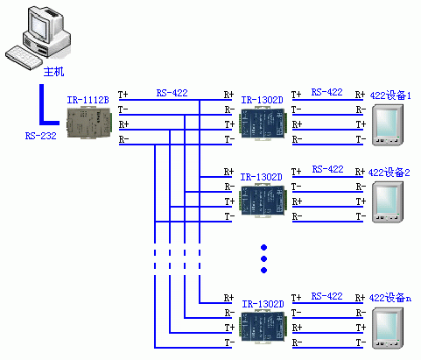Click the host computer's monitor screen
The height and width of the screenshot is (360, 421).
(x=39, y=25)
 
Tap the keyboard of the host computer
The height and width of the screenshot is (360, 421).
(x=24, y=58)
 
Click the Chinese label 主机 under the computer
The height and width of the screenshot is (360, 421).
(x=53, y=72)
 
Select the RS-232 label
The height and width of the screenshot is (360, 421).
(x=40, y=136)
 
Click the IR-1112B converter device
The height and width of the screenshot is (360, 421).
(x=89, y=123)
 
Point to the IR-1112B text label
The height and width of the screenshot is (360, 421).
(x=88, y=100)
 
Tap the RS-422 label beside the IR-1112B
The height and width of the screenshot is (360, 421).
(x=172, y=93)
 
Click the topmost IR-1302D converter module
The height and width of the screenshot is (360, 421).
(x=263, y=124)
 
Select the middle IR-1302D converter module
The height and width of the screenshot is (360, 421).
(x=263, y=201)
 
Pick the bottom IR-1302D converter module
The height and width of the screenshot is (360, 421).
(x=263, y=327)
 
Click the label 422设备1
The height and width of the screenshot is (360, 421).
(x=390, y=95)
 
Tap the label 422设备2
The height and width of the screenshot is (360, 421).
(x=389, y=173)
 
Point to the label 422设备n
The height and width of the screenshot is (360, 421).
(x=390, y=298)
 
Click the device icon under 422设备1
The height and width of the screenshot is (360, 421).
(x=388, y=125)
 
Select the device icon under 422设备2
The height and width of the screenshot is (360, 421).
(x=388, y=202)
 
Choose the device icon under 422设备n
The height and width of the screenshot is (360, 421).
(x=388, y=328)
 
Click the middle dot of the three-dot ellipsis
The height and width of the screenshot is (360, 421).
(x=264, y=258)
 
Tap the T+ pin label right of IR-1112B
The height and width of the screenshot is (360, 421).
(x=123, y=95)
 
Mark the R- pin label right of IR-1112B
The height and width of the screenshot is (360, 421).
(x=123, y=139)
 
